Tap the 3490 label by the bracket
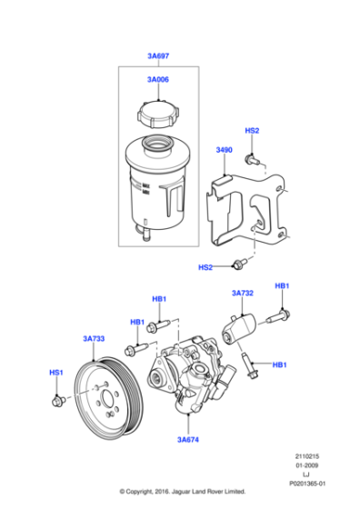point(224,150)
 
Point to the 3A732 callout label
point(242,294)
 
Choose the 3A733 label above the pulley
point(93,338)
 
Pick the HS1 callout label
point(56,373)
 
